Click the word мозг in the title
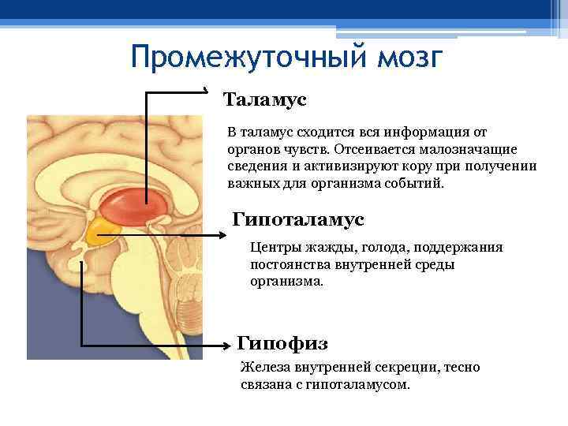tap(405, 58)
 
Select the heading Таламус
tap(264, 100)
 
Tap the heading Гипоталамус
tap(299, 218)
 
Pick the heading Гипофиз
tap(282, 343)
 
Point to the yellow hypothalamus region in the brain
tap(99, 231)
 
